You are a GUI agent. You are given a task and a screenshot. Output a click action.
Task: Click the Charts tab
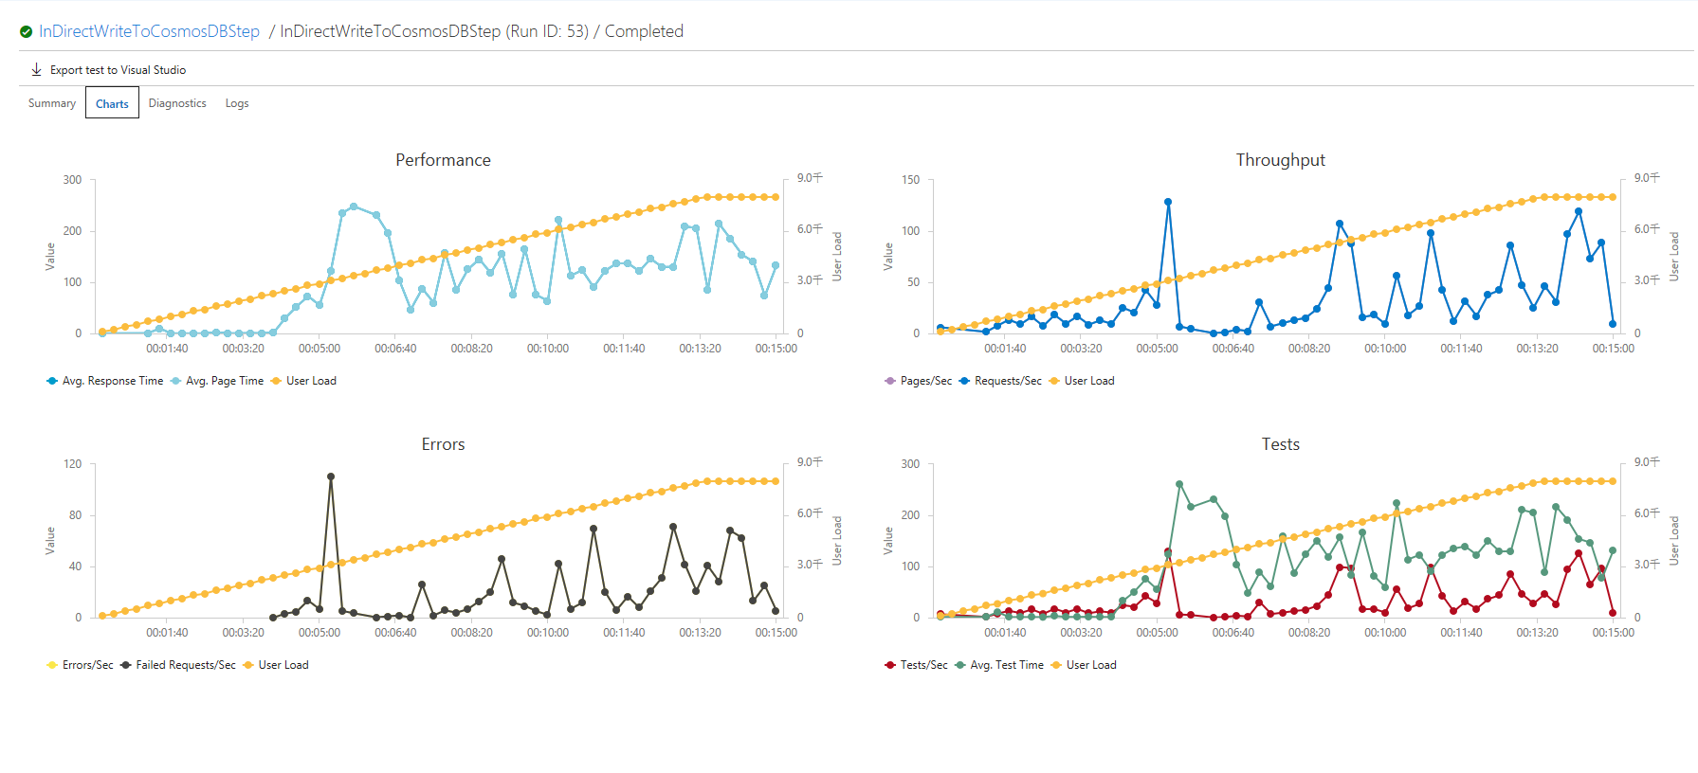click(112, 103)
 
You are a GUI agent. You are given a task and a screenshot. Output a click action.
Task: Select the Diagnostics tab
click(177, 103)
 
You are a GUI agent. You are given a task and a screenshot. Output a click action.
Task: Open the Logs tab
click(237, 103)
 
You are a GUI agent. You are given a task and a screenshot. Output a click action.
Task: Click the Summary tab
click(52, 103)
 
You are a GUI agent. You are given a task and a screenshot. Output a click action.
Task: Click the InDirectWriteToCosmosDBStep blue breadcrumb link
click(149, 31)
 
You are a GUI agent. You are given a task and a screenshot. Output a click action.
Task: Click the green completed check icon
click(27, 32)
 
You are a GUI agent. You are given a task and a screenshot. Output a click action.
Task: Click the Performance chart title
click(443, 160)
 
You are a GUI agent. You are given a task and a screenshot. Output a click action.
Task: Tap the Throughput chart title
click(1280, 160)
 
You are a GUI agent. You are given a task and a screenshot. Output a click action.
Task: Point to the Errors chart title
click(443, 444)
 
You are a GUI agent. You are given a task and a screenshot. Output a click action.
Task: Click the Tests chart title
click(1280, 444)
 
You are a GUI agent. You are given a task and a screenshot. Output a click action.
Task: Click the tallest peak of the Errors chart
click(331, 476)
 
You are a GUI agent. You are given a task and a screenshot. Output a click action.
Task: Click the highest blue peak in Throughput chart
click(1168, 202)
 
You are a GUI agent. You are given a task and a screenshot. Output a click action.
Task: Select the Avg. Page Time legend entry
click(224, 381)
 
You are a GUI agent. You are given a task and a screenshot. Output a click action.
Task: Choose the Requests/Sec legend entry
click(1007, 381)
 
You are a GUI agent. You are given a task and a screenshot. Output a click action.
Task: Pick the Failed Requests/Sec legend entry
click(185, 665)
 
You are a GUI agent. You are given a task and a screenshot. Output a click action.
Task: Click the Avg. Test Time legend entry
click(1006, 665)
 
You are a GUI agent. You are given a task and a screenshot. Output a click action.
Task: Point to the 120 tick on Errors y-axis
click(73, 464)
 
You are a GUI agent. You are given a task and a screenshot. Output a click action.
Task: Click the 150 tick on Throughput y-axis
click(910, 180)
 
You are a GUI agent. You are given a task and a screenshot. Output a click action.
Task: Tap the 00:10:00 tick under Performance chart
click(548, 349)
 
